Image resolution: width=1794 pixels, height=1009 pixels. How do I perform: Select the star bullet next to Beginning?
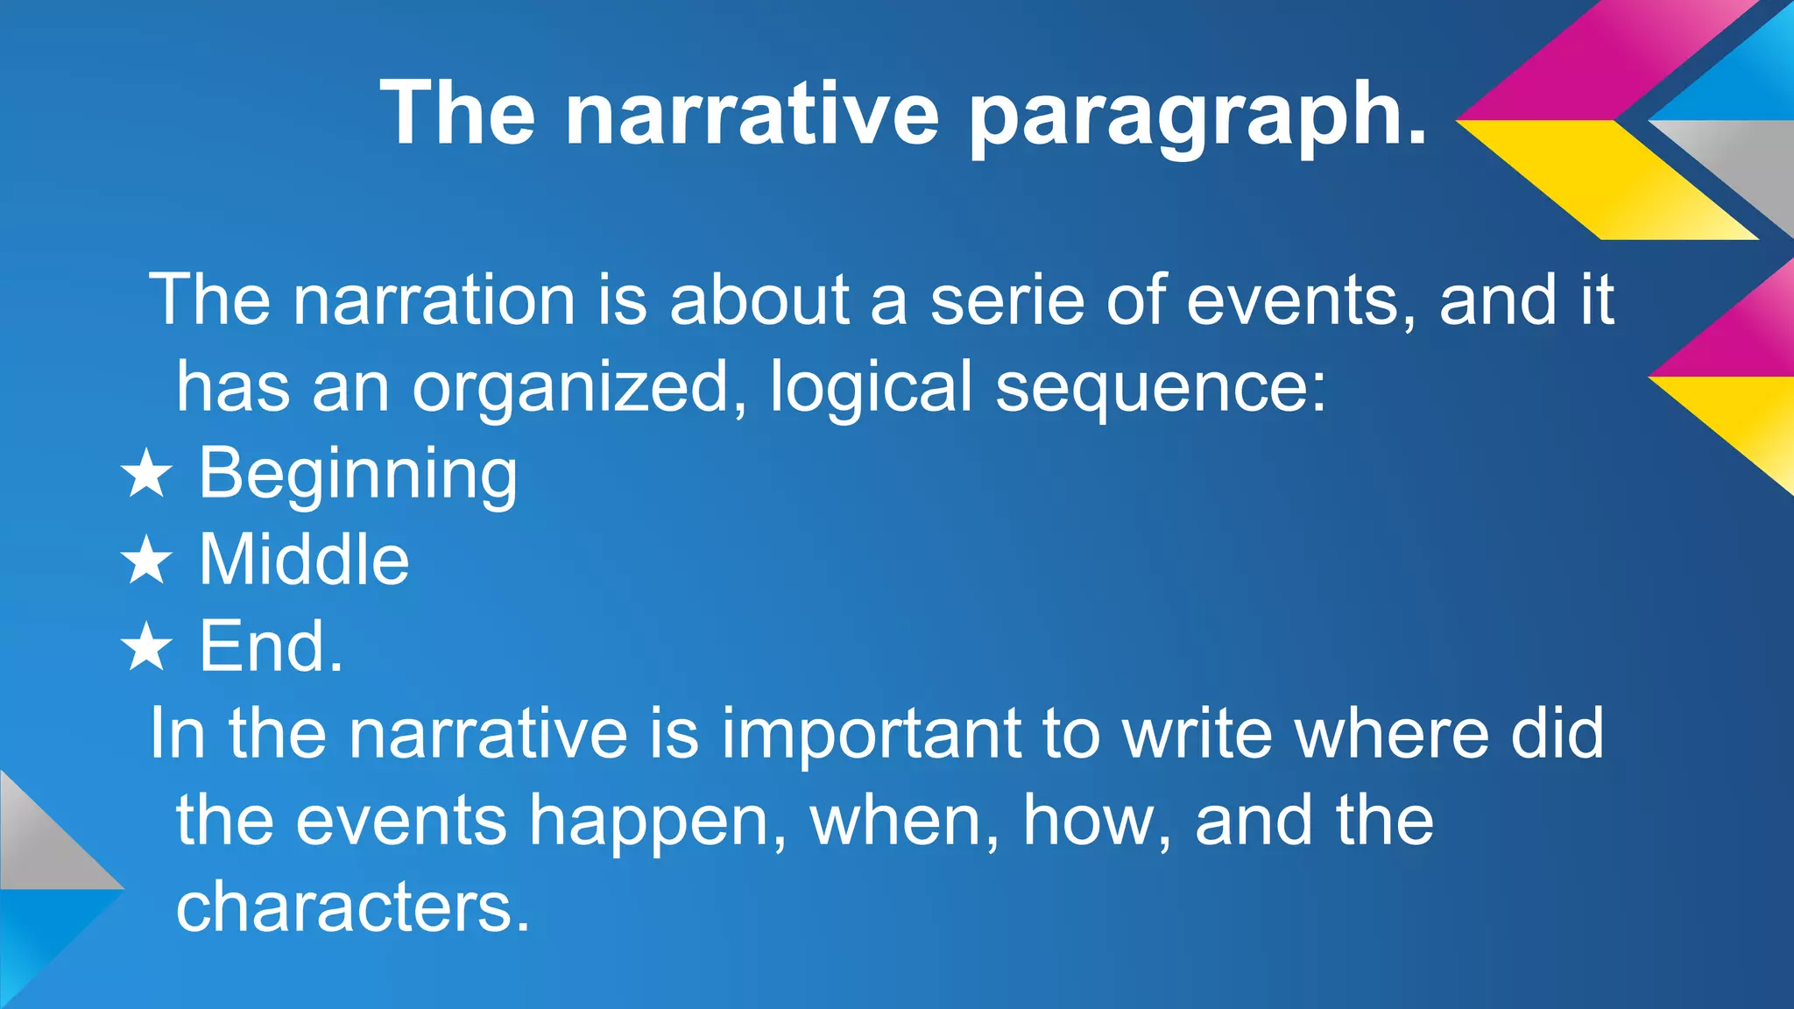coord(146,475)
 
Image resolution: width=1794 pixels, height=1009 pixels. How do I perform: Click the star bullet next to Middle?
coord(146,561)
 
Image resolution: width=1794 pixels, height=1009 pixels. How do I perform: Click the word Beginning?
coord(358,475)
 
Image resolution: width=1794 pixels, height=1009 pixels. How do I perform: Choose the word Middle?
coord(304,560)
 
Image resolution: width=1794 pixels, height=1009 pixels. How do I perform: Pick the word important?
coord(871,734)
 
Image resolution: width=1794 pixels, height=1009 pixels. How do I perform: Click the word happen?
coord(648,822)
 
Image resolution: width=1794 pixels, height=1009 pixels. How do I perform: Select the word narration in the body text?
coord(434,300)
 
